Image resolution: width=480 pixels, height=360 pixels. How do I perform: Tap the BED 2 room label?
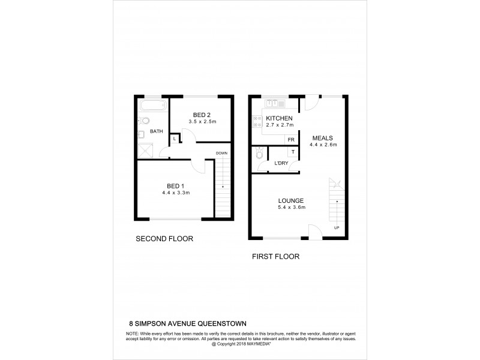tap(201, 115)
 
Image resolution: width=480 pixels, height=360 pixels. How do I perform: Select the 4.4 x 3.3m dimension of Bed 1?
tap(175, 193)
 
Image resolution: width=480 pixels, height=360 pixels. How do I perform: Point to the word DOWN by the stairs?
tap(221, 153)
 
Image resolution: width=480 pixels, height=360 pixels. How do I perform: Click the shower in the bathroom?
tap(145, 150)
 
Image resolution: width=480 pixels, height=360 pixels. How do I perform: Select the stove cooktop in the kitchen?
tap(257, 124)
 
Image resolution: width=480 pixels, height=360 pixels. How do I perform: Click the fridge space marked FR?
tap(291, 140)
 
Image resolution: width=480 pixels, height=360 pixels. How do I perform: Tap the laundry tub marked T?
tap(293, 152)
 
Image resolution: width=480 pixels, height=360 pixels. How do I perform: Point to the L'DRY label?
tap(280, 164)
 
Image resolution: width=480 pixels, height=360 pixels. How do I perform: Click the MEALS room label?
tap(322, 137)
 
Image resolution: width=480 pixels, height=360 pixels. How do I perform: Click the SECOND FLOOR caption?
tap(164, 239)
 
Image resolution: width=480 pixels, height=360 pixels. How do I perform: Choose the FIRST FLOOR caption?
tap(275, 256)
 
